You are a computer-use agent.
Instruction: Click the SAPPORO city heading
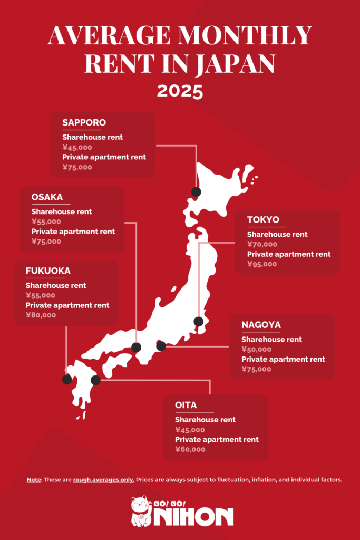point(84,123)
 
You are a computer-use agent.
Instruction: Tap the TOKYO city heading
point(263,220)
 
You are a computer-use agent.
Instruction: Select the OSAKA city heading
point(47,198)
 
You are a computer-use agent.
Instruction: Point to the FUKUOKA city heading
point(47,271)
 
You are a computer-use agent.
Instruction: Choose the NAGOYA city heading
point(261,325)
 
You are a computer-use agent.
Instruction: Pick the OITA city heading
point(186,405)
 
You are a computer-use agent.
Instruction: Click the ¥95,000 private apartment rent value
point(262,264)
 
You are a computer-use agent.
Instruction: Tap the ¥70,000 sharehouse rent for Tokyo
point(262,244)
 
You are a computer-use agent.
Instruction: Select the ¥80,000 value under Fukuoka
point(40,315)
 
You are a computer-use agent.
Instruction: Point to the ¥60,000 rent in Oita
point(190,450)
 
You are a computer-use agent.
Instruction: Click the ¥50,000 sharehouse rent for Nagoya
point(257,349)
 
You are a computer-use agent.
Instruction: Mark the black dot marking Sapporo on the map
point(196,192)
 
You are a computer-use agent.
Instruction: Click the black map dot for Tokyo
point(198,321)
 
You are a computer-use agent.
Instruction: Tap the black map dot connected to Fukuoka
point(67,379)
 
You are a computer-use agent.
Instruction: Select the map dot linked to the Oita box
point(95,380)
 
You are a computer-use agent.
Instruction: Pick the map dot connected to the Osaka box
point(136,347)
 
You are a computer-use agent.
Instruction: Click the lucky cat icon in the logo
point(140,510)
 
